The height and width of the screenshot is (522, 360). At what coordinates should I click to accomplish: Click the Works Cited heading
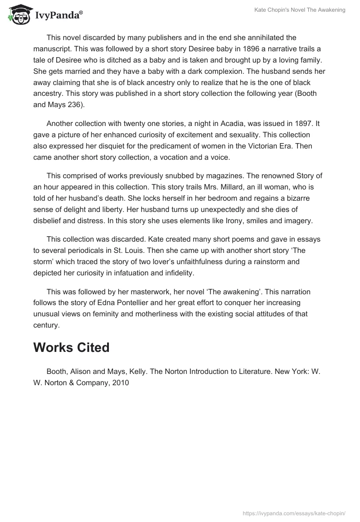point(71,347)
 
